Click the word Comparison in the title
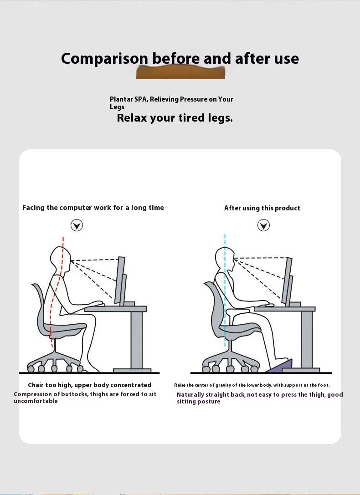[x=104, y=59]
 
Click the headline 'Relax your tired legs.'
[x=175, y=118]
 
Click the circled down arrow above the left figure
[x=77, y=225]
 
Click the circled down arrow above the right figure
[x=263, y=225]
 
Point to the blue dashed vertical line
[x=225, y=291]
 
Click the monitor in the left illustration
[x=120, y=280]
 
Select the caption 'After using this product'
[x=262, y=208]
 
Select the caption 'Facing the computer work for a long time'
[x=93, y=208]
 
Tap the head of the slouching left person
[x=60, y=258]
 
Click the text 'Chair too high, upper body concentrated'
[x=89, y=385]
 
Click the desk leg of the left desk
[x=136, y=339]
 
